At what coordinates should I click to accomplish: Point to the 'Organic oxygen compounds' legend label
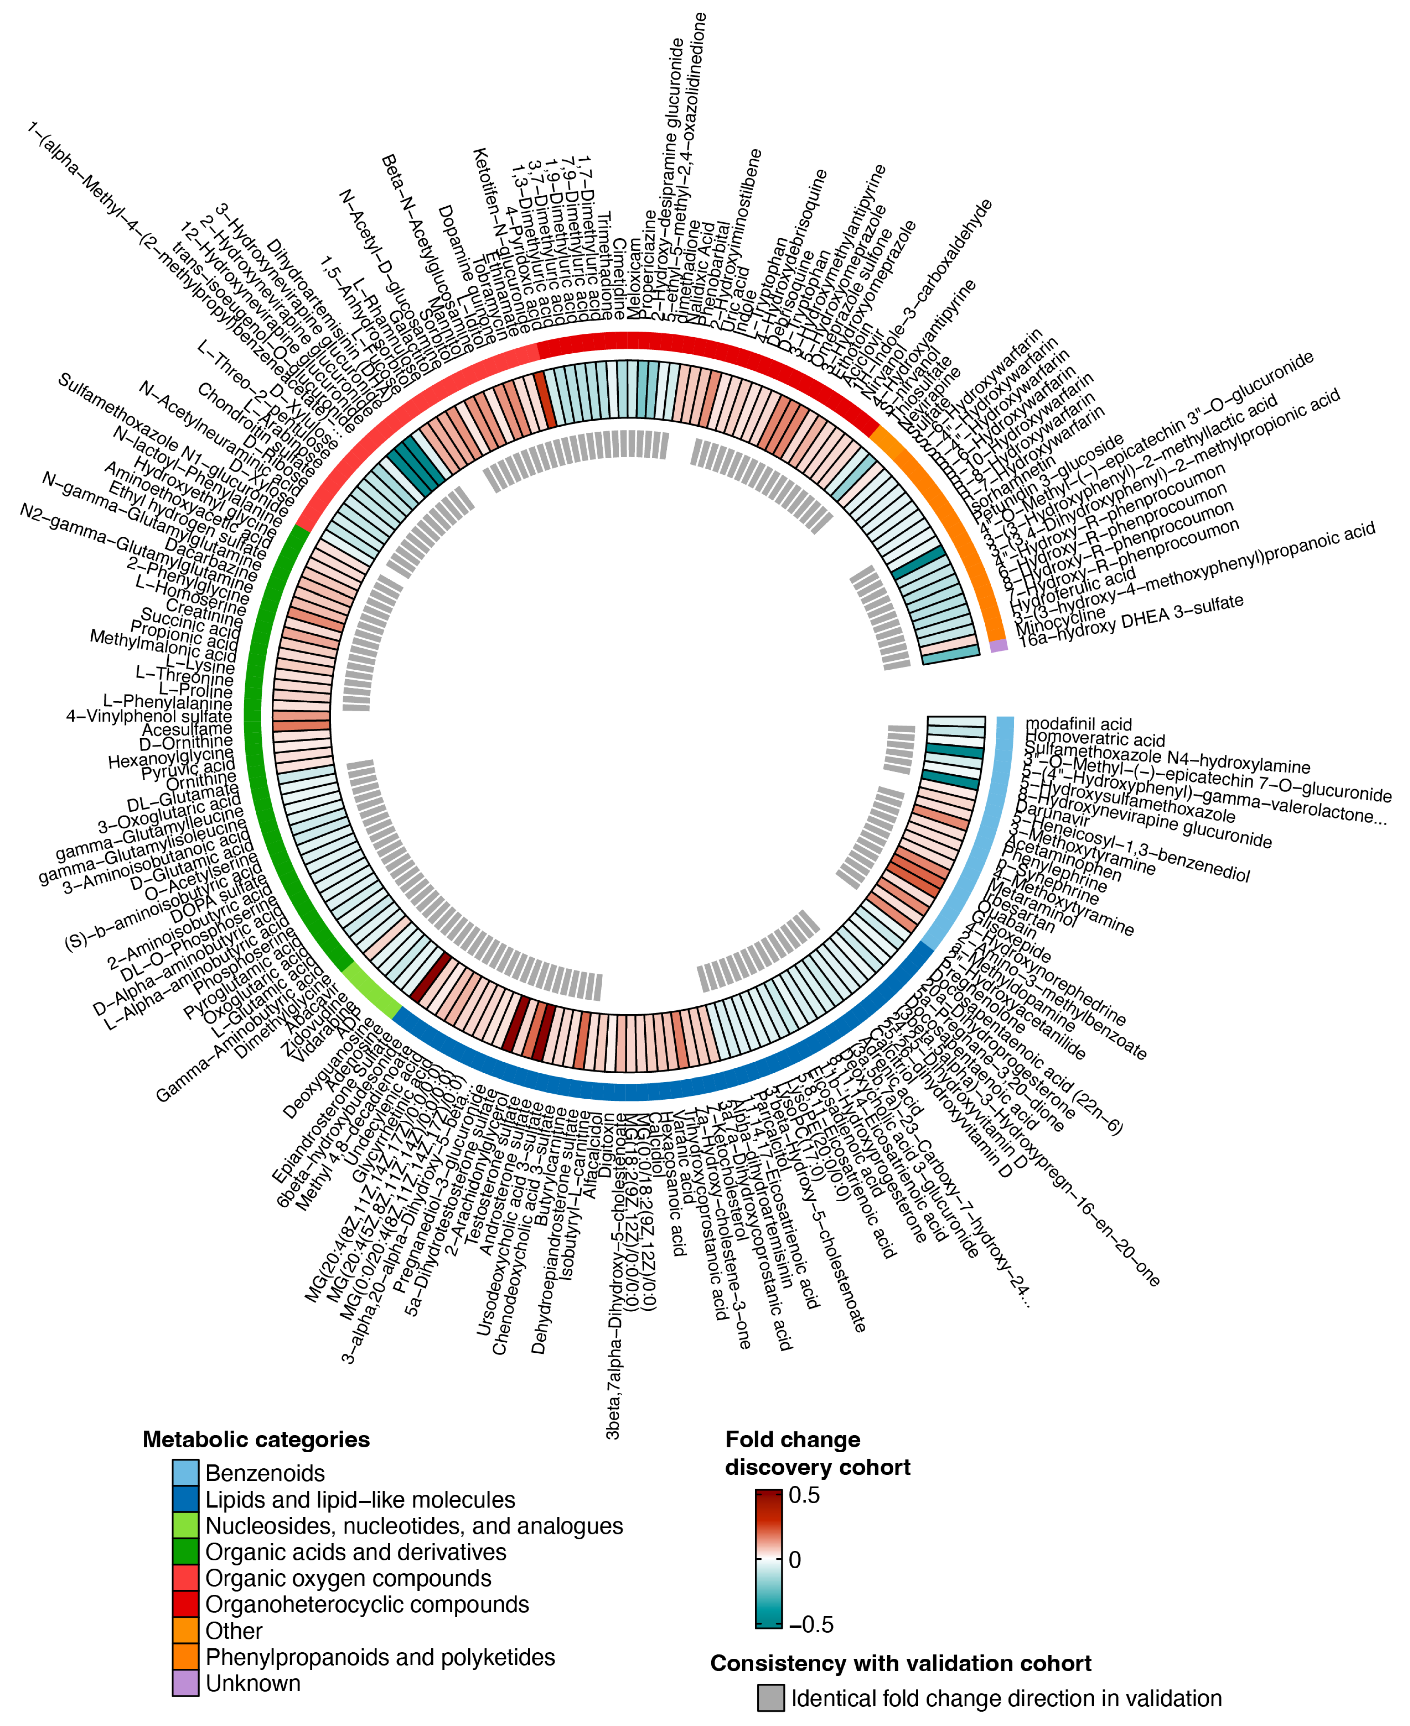pos(348,1578)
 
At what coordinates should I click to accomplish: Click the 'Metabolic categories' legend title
pos(256,1439)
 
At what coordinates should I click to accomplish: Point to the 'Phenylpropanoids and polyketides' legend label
pos(380,1657)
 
